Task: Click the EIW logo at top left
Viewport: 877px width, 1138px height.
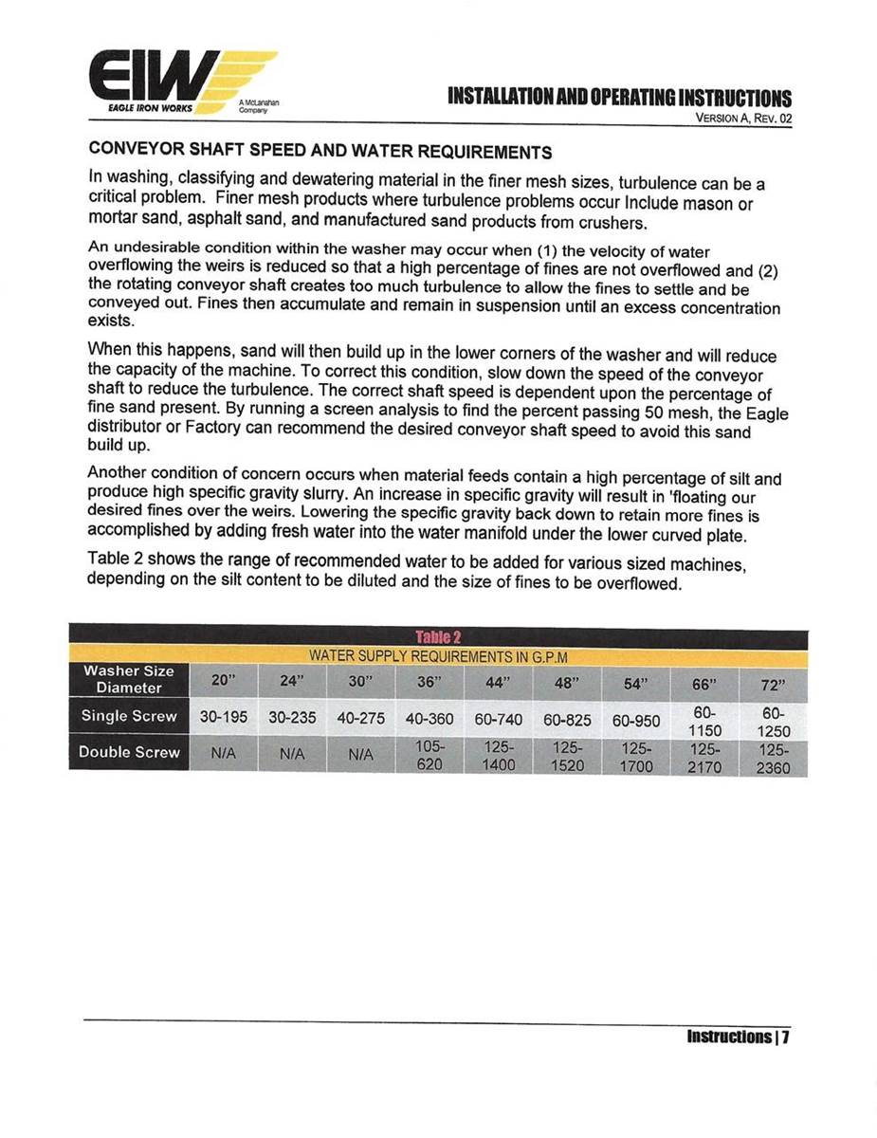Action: pos(180,83)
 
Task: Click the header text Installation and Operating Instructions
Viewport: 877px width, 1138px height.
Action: pos(619,99)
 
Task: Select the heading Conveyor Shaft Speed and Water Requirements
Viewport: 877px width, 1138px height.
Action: pos(320,152)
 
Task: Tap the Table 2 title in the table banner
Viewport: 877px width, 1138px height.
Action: pos(438,638)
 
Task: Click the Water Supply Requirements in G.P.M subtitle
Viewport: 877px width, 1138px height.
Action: pos(438,656)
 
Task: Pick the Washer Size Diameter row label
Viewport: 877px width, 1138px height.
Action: pos(129,679)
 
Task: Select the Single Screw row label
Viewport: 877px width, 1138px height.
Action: pos(129,716)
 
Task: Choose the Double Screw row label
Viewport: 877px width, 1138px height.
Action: pos(129,752)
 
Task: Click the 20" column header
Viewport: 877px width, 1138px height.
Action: pos(224,681)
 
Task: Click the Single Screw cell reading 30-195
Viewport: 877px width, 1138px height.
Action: pos(224,718)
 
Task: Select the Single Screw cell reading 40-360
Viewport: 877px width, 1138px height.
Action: pos(429,719)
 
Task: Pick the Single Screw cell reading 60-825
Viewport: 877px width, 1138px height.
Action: pos(567,720)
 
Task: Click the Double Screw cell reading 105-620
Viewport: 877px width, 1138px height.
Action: pos(429,755)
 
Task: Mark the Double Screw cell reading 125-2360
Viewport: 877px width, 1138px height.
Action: pos(774,759)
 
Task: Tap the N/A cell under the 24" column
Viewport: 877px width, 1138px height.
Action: pos(292,754)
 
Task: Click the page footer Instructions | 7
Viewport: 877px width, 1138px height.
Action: pos(739,1037)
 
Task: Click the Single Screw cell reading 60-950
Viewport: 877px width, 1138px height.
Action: pos(636,721)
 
